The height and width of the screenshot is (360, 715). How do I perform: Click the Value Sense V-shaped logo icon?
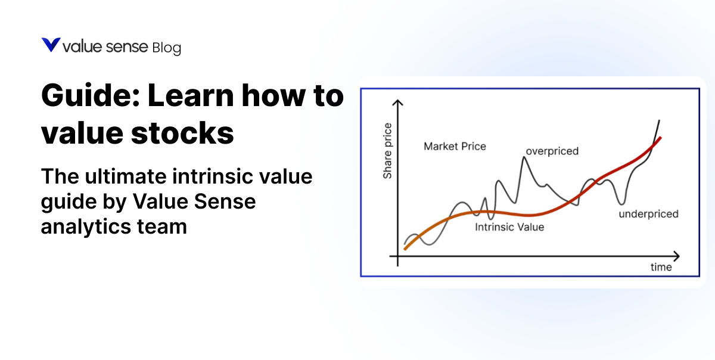51,45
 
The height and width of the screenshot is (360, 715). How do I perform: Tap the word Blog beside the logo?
166,48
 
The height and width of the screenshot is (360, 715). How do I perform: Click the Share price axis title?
388,150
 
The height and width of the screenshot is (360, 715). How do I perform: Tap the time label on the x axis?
661,267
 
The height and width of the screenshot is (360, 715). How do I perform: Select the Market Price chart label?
455,146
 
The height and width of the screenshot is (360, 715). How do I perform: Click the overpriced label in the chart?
552,151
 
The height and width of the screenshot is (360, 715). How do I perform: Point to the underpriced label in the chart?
649,214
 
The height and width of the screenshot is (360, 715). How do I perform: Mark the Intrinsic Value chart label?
509,227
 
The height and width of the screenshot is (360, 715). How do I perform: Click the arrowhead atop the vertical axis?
398,103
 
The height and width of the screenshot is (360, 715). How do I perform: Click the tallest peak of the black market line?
525,157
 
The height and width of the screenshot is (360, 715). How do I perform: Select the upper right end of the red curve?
660,138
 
